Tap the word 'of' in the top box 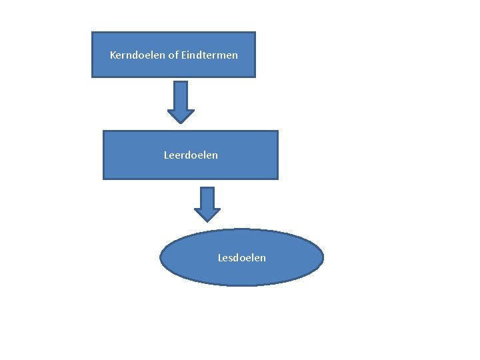(x=164, y=55)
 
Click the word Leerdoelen (x=191, y=155)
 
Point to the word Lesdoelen (x=241, y=257)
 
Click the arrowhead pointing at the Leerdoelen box (x=180, y=116)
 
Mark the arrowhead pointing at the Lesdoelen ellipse (x=207, y=215)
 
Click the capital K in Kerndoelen (x=113, y=55)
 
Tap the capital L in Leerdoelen (x=167, y=155)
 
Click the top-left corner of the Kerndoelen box (x=92, y=33)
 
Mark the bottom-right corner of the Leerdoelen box (x=277, y=179)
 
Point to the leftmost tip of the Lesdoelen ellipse (x=161, y=257)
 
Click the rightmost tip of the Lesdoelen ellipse (x=323, y=257)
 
